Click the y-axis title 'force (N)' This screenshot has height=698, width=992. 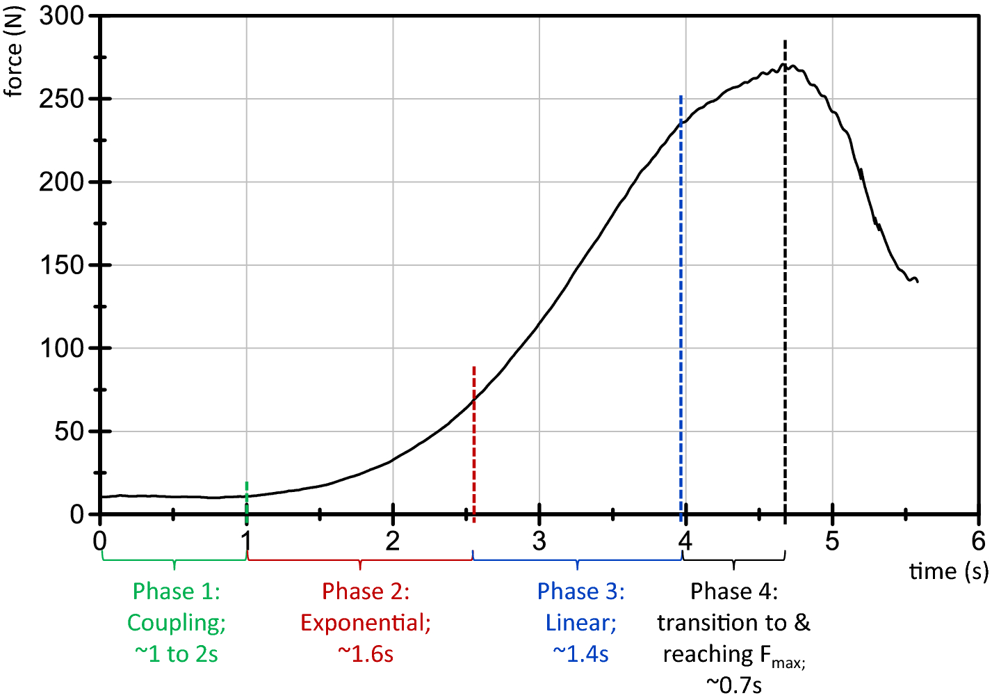(13, 51)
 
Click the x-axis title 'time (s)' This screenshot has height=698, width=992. (948, 572)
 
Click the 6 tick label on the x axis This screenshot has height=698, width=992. (978, 541)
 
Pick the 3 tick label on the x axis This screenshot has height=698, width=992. (539, 541)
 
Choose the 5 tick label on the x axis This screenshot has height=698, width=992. (832, 541)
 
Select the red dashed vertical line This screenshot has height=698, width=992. (474, 445)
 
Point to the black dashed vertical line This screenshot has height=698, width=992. (785, 278)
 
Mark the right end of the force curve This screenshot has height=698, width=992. (918, 281)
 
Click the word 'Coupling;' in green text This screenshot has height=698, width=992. (177, 623)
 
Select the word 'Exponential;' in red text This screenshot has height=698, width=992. (366, 623)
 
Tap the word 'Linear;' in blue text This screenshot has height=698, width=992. (581, 623)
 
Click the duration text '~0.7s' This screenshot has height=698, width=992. (734, 685)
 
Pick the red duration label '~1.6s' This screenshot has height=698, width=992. (366, 654)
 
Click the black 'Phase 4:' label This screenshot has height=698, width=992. (734, 592)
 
